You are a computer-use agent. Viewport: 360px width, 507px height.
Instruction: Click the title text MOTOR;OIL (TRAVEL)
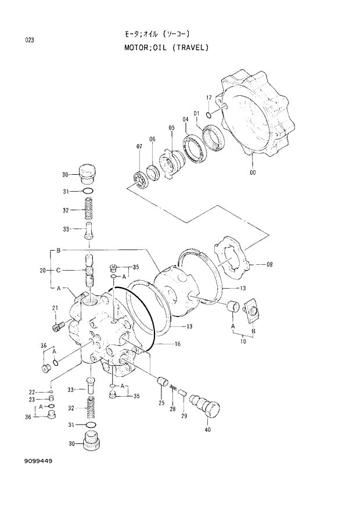point(165,48)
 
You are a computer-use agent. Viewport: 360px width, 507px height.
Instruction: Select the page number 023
point(29,40)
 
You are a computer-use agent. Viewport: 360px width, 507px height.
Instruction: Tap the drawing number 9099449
point(38,461)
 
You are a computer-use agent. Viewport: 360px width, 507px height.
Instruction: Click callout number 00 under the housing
point(252,172)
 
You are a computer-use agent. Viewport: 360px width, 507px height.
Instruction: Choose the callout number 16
point(177,344)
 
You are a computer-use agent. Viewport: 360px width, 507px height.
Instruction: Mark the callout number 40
point(207,430)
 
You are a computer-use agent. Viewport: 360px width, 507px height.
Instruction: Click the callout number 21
point(56,308)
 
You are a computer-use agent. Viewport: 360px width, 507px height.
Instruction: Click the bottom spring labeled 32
point(90,408)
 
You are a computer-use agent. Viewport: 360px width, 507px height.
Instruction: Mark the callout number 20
point(42,269)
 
